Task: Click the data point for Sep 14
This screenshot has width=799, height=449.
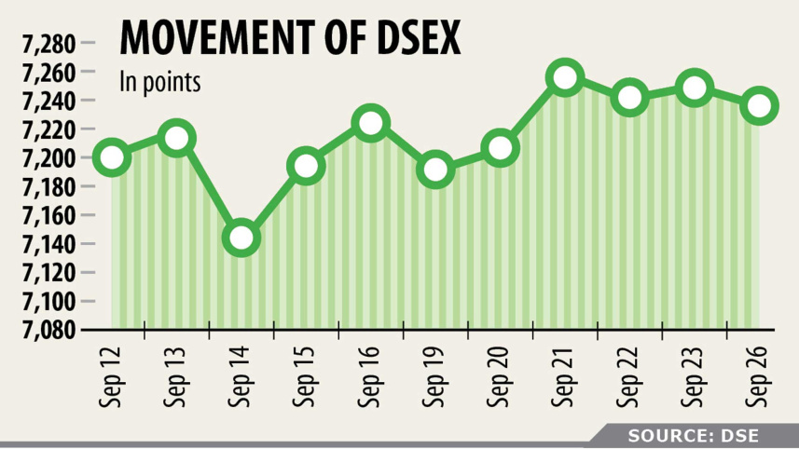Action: (241, 238)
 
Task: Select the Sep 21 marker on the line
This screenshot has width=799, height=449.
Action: (565, 77)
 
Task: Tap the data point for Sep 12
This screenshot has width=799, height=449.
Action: (111, 157)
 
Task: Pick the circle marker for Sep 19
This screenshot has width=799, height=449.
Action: (435, 170)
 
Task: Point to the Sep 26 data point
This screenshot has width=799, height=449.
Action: (760, 105)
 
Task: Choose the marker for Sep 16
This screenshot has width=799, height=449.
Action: (370, 123)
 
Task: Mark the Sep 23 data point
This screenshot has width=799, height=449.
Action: (695, 88)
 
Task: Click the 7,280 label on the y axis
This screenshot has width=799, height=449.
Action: (47, 43)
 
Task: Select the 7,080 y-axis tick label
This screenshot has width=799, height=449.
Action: (47, 330)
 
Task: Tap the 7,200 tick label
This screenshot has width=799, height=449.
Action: (47, 157)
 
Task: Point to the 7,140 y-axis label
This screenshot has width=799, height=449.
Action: (47, 244)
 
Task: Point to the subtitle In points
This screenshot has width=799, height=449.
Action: (161, 82)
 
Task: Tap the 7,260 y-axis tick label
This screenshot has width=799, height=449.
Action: (47, 72)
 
